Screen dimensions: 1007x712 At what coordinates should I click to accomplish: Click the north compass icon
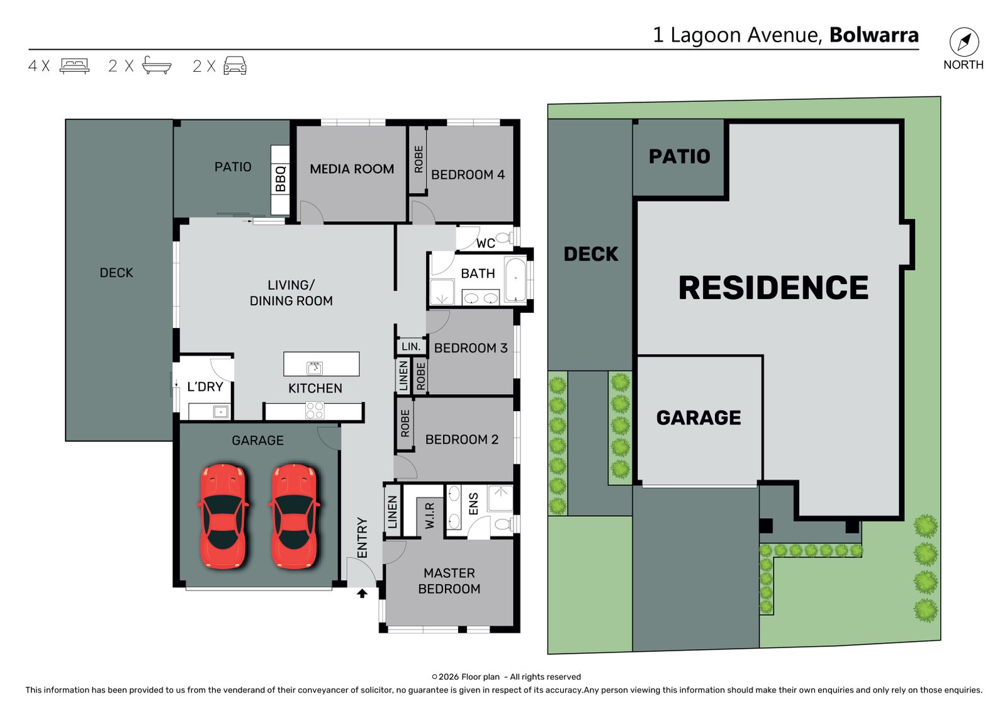coord(964,42)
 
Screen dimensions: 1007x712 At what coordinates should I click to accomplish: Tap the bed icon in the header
coord(75,65)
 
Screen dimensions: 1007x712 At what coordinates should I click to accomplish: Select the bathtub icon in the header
coord(157,65)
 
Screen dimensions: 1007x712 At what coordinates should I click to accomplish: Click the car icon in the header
coord(235,65)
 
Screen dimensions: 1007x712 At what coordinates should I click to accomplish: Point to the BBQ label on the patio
coord(281,179)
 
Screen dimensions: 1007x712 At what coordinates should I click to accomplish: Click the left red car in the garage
coord(223,516)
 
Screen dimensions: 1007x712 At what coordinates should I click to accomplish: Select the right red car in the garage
coord(295,516)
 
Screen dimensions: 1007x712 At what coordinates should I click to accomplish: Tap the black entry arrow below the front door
coord(362,594)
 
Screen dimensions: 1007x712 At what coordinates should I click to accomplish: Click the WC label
coord(485,244)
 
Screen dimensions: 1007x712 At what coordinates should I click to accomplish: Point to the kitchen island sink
coord(314,368)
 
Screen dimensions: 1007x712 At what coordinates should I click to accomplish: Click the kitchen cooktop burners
coord(314,410)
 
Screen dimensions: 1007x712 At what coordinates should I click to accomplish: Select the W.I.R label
coord(429,516)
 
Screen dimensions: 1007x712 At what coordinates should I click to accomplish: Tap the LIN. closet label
coord(411,346)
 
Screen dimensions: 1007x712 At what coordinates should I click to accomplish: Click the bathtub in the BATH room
coord(515,280)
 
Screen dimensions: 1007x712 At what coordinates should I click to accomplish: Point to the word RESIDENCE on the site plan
coord(774,288)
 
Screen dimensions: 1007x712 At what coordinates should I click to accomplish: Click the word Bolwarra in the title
coord(874,35)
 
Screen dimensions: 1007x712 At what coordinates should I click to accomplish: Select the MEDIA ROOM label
coord(352,169)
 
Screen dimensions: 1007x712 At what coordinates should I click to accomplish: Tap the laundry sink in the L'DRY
coord(221,411)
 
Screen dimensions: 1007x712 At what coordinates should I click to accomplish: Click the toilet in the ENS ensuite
coord(503,524)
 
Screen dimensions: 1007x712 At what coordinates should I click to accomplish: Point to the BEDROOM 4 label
coord(468,174)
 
